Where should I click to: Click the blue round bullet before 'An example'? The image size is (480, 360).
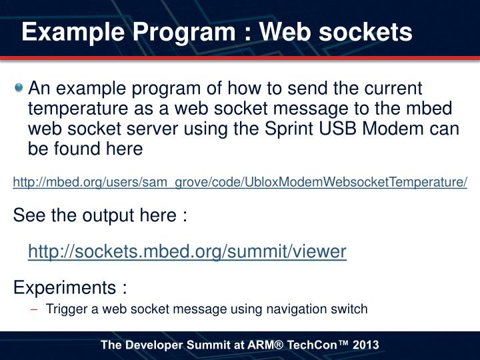(x=19, y=88)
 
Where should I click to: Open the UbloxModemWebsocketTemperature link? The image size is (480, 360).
(x=240, y=182)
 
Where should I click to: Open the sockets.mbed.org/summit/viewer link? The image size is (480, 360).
(x=187, y=251)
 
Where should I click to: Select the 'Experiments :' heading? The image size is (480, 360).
(x=71, y=287)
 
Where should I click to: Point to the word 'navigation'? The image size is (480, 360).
(x=297, y=309)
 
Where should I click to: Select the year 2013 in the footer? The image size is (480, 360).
(x=366, y=345)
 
